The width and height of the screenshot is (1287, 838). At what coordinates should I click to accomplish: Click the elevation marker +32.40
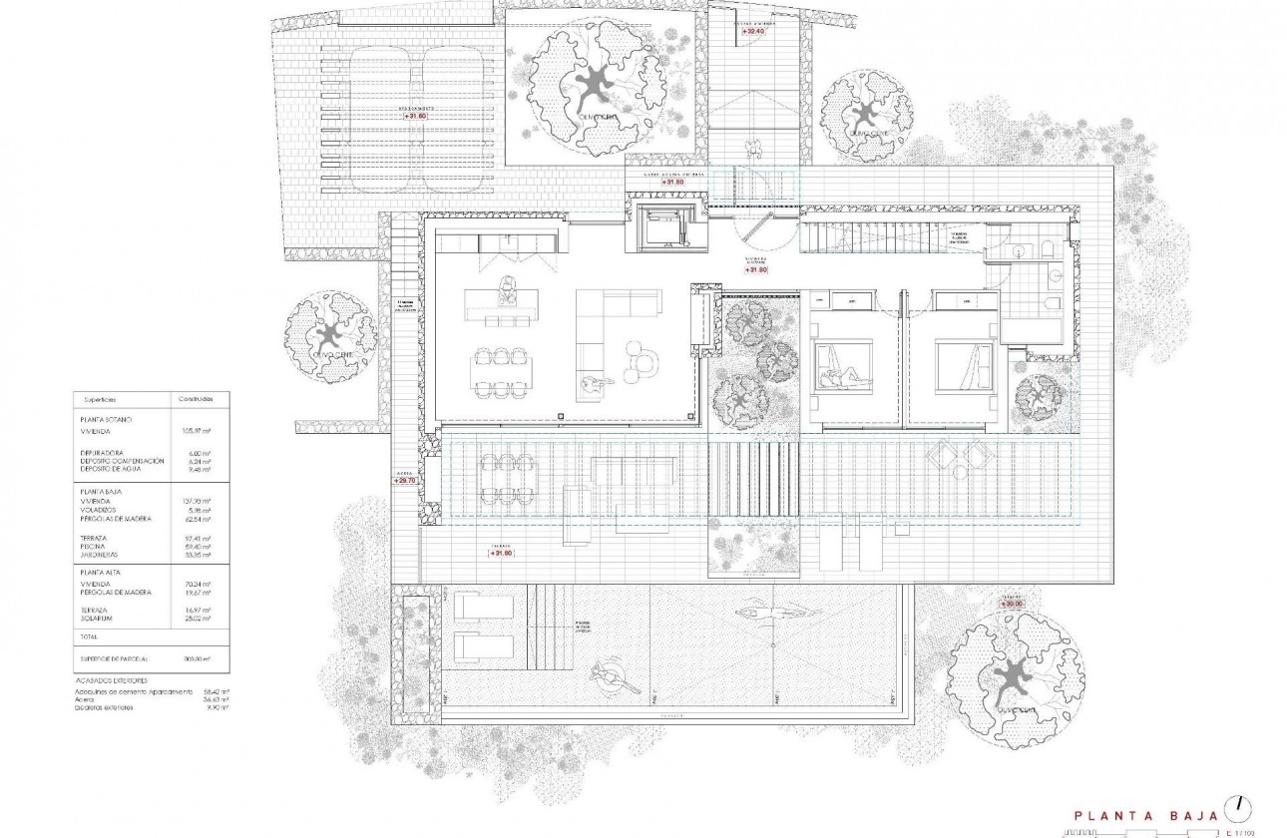[x=753, y=32]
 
